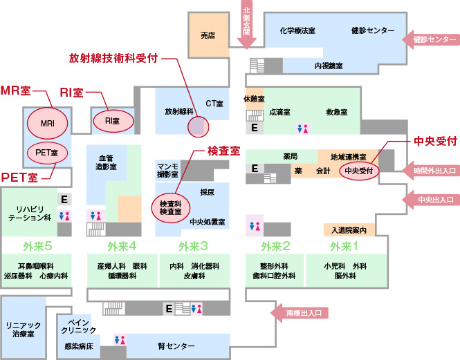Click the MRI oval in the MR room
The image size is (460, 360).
[47, 122]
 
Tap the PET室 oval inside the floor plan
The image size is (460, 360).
[47, 150]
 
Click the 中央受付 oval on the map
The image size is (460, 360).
[360, 170]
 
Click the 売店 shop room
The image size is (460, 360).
[208, 35]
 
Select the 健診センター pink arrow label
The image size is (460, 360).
[431, 40]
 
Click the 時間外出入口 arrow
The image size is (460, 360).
[431, 171]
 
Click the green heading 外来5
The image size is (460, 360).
[38, 246]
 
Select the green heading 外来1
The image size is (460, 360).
[344, 246]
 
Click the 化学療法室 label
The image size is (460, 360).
[297, 31]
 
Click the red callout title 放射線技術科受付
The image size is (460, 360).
[113, 58]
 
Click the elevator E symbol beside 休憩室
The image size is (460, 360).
[254, 128]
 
